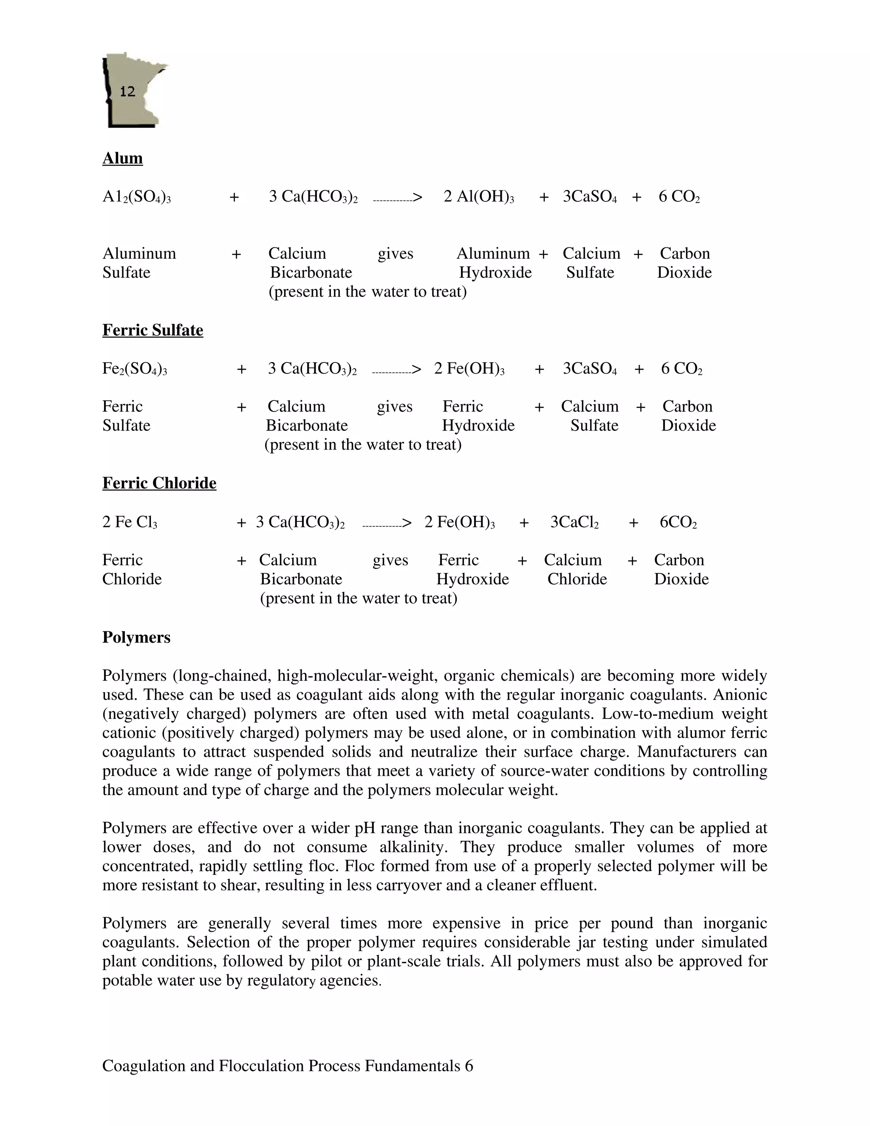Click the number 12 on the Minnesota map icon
[x=127, y=92]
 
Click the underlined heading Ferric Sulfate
[x=153, y=330]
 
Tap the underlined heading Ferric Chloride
[x=159, y=483]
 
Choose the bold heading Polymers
[x=136, y=637]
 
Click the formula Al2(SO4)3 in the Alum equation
[x=137, y=197]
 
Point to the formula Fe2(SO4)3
[x=135, y=369]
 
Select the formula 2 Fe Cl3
[x=130, y=522]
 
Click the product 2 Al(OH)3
[x=479, y=197]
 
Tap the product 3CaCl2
[x=574, y=522]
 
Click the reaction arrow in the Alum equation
[x=397, y=198]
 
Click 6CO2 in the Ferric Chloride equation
[x=678, y=522]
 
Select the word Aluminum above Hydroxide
[x=493, y=254]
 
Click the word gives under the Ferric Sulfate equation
[x=395, y=407]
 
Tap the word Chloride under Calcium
[x=577, y=580]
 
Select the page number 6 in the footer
[x=469, y=1066]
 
